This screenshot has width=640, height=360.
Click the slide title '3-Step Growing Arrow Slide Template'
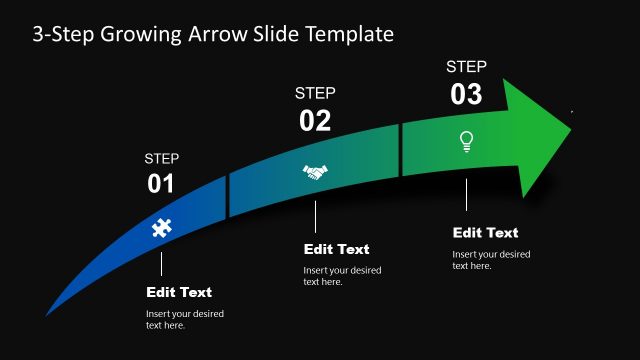[x=213, y=35]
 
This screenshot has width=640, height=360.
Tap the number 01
[x=161, y=184]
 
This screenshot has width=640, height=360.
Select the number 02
[x=315, y=121]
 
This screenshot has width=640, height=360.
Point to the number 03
[x=466, y=95]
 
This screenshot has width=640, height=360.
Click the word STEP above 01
[x=162, y=158]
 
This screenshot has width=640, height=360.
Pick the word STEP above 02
[x=315, y=93]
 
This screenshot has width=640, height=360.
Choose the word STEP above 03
[x=466, y=67]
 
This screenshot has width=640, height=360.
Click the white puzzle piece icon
[x=161, y=227]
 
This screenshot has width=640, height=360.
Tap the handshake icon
[x=315, y=172]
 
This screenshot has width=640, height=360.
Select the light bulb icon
[x=466, y=141]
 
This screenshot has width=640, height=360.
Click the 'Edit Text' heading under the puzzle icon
[x=179, y=293]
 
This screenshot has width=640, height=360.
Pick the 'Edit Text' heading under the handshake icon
[x=336, y=249]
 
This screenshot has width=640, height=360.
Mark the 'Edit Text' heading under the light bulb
[x=486, y=233]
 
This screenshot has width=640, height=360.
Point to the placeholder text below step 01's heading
[x=185, y=320]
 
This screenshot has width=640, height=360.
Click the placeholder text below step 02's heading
[x=342, y=276]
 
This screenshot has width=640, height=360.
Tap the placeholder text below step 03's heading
[x=491, y=260]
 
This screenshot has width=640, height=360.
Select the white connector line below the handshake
[x=315, y=217]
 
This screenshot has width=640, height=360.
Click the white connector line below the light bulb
[x=466, y=194]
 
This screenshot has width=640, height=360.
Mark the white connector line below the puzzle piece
[x=161, y=263]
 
